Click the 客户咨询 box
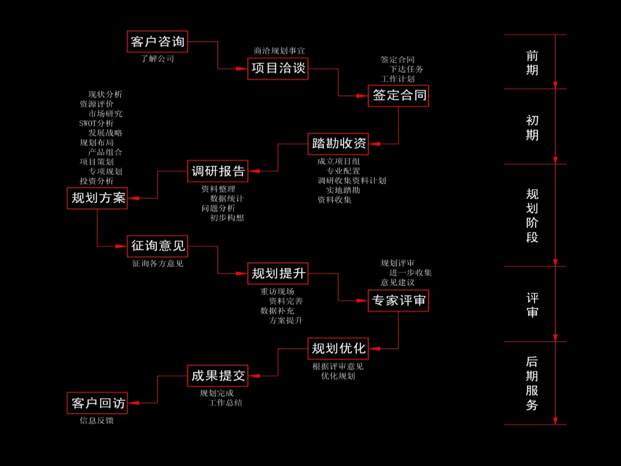[x=157, y=41]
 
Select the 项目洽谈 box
[x=278, y=69]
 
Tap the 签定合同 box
[x=398, y=96]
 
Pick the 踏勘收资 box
[x=338, y=144]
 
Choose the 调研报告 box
[x=218, y=171]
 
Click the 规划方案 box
[x=97, y=198]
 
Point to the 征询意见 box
[x=157, y=246]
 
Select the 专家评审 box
[x=398, y=301]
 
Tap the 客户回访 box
[x=97, y=403]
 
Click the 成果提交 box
[x=218, y=376]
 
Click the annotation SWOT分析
[x=96, y=123]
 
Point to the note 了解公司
[x=157, y=59]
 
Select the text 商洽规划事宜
[x=279, y=51]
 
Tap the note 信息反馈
[x=97, y=421]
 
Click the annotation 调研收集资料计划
[x=352, y=181]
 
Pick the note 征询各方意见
[x=158, y=264]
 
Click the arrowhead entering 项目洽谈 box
[x=241, y=69]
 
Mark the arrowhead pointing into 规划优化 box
[x=374, y=349]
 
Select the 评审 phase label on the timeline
[x=532, y=305]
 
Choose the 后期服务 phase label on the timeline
[x=532, y=384]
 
